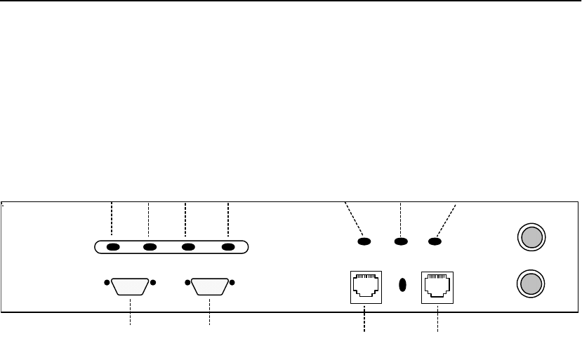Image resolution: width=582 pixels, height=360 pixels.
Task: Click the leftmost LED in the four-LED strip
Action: (112, 247)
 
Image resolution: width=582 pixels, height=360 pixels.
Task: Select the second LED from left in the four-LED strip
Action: (150, 247)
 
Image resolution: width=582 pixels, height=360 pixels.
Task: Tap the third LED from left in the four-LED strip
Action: (187, 247)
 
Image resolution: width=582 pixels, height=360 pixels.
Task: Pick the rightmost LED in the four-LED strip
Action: (228, 247)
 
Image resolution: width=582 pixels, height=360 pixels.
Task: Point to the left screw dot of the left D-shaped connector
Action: (107, 283)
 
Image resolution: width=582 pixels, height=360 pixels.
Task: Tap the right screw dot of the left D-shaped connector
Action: (153, 283)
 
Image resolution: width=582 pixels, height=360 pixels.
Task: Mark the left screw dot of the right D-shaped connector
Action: (187, 283)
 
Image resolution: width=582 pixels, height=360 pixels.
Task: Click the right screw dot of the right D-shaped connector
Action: (232, 283)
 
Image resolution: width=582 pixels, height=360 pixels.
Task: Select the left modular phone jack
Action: (366, 286)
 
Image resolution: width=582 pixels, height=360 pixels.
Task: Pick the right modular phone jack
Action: (437, 286)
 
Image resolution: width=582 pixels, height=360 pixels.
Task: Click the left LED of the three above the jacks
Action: (364, 242)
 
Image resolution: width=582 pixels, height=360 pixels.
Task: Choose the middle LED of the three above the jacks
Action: (400, 242)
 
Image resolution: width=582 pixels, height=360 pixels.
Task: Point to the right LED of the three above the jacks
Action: (435, 242)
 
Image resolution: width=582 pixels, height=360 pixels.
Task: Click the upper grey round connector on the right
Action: (531, 236)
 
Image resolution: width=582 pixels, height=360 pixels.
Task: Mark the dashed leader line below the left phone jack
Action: (365, 319)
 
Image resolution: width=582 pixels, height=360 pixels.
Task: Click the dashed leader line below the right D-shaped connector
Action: (210, 314)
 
